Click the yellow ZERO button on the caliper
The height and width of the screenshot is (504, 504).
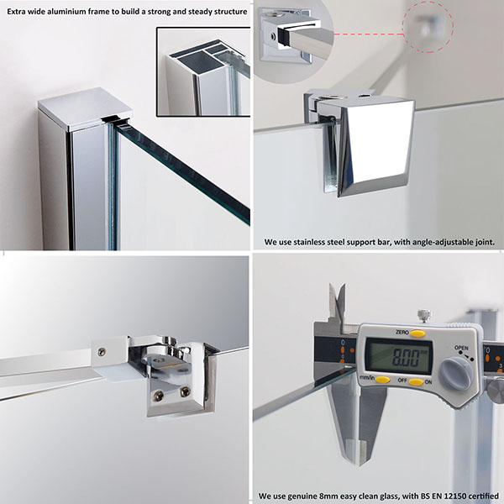pyautogui.click(x=417, y=333)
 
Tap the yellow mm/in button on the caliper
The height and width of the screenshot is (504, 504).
pyautogui.click(x=383, y=380)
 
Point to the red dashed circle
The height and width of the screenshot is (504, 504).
pyautogui.click(x=428, y=28)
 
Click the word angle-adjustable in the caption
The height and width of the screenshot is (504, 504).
pyautogui.click(x=442, y=242)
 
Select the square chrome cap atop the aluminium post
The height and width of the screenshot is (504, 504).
pyautogui.click(x=85, y=108)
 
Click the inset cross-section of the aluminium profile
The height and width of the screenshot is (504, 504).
pyautogui.click(x=203, y=71)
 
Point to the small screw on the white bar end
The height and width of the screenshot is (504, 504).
pyautogui.click(x=102, y=352)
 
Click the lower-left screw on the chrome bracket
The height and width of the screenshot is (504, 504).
pyautogui.click(x=158, y=396)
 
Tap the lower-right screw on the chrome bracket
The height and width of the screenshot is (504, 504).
pyautogui.click(x=185, y=391)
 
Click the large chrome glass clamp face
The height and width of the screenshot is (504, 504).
pyautogui.click(x=376, y=148)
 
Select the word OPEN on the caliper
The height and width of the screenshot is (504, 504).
pyautogui.click(x=461, y=348)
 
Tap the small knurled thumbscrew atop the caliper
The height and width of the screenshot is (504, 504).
pyautogui.click(x=424, y=316)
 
